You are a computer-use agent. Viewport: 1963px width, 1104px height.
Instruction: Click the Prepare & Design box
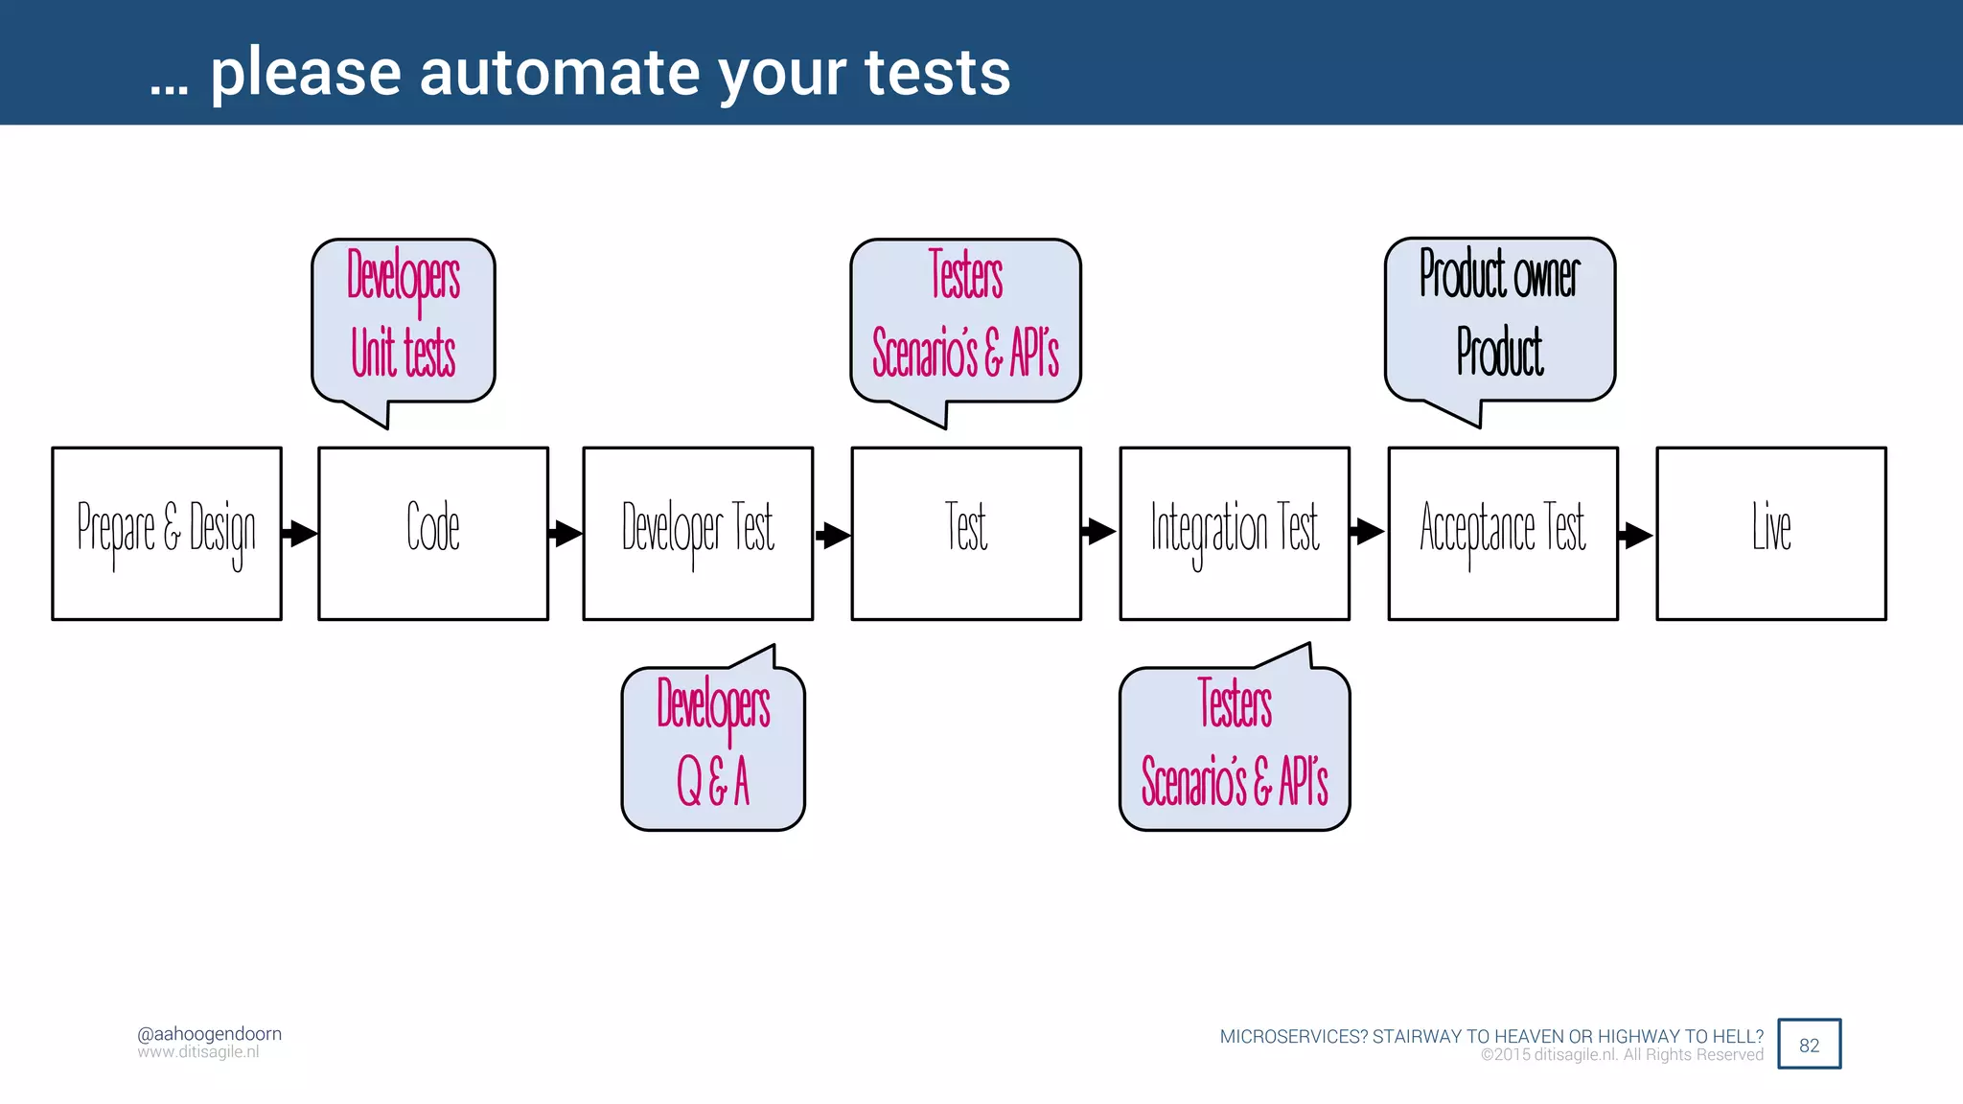click(167, 534)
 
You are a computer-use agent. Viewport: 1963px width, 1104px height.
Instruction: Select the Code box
click(433, 534)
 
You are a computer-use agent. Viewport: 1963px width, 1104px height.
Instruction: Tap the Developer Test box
click(698, 534)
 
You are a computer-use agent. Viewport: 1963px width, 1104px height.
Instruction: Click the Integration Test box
click(1235, 534)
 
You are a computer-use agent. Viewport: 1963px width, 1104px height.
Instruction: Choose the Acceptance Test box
click(1503, 534)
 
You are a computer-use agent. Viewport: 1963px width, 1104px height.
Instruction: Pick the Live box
click(1771, 534)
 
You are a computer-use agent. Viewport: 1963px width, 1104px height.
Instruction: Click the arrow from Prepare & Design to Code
click(300, 533)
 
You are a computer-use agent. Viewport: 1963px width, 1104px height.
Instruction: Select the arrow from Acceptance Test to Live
click(1636, 535)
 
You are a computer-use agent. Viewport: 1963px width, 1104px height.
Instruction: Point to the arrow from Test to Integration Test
click(1099, 531)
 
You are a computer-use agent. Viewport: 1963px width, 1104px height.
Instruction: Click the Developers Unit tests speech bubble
click(404, 320)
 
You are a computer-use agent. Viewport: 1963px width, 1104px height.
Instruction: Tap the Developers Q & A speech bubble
click(713, 748)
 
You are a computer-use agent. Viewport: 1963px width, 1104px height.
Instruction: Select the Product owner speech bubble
click(1500, 318)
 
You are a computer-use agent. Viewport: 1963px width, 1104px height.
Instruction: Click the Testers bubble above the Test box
click(965, 320)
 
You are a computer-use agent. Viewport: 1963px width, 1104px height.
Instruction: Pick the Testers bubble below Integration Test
click(1235, 748)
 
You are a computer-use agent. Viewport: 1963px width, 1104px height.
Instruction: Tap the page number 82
click(1809, 1045)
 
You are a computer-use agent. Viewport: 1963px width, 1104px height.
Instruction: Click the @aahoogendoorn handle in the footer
click(209, 1034)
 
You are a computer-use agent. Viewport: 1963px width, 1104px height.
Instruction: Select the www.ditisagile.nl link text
click(198, 1052)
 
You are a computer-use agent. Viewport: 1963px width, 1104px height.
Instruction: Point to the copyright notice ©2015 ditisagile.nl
click(1622, 1055)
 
